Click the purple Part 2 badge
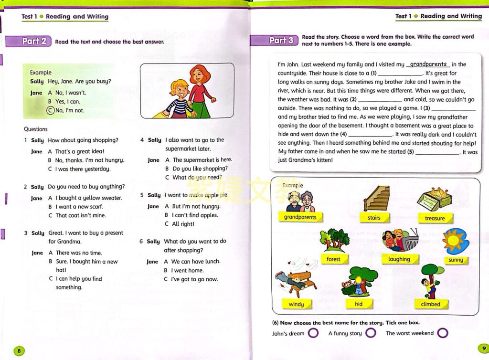tap(34, 41)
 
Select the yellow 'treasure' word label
tap(435, 218)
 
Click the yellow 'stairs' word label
tap(374, 218)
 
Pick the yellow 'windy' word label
tap(296, 304)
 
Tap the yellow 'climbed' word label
tap(430, 304)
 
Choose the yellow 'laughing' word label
tap(399, 259)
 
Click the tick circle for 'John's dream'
tap(313, 333)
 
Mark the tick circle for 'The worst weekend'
tap(443, 333)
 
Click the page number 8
tap(19, 351)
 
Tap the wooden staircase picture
tap(376, 199)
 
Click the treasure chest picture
tap(434, 199)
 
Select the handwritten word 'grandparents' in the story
tap(428, 64)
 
